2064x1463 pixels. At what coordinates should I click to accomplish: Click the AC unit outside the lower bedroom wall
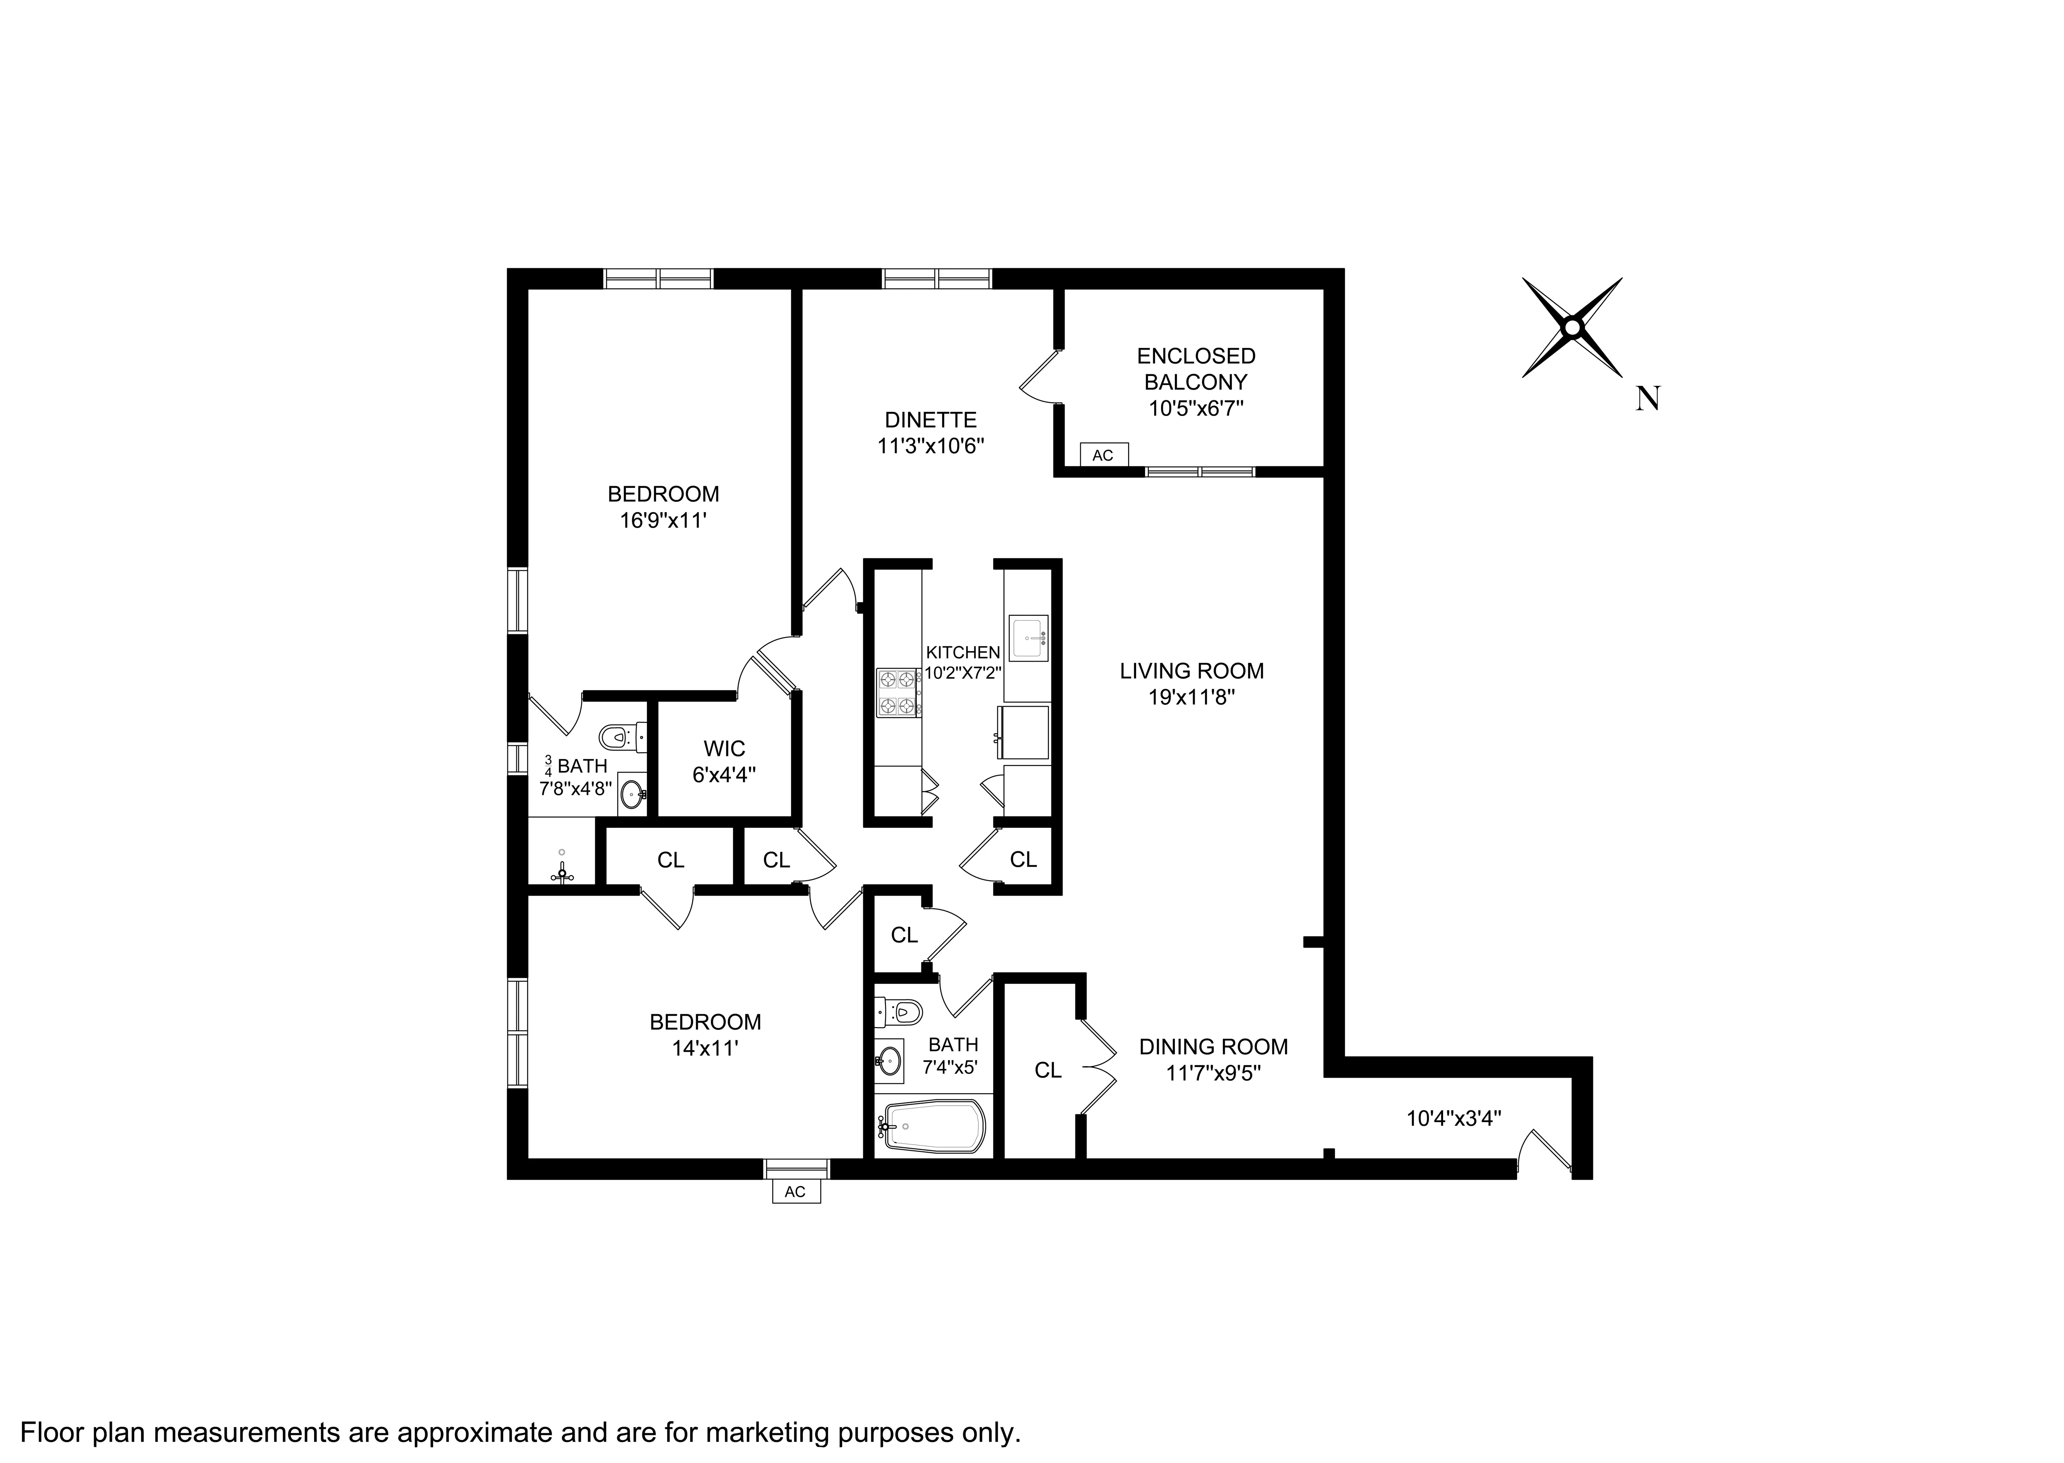pyautogui.click(x=795, y=1192)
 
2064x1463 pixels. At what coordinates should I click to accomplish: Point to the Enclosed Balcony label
pyautogui.click(x=1195, y=369)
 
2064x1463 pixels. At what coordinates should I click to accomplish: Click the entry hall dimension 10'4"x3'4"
pyautogui.click(x=1453, y=1119)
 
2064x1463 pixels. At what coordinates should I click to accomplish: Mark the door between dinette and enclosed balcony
pyautogui.click(x=1039, y=376)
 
